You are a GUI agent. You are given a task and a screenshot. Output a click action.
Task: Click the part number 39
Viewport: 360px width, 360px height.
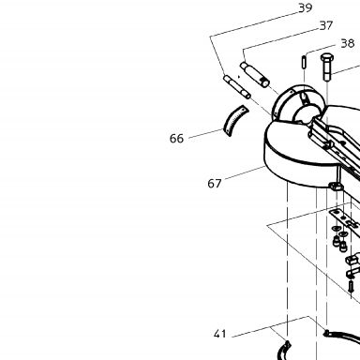click(x=305, y=7)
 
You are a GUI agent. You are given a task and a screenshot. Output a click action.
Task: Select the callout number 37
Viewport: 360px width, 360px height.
click(x=326, y=25)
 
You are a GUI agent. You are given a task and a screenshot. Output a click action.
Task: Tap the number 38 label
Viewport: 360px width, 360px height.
click(x=348, y=43)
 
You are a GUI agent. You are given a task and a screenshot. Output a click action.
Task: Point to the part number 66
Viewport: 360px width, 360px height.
click(x=176, y=139)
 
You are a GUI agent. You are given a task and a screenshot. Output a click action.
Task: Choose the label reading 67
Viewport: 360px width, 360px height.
click(x=215, y=184)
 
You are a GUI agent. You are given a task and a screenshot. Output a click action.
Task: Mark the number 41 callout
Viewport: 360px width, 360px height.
click(x=219, y=334)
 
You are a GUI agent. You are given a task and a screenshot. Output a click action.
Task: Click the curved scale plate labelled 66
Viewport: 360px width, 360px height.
click(x=234, y=121)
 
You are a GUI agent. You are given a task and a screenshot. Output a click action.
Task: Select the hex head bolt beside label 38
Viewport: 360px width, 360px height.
click(x=327, y=67)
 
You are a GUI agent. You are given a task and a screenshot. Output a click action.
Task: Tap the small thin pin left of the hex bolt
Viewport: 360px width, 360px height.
click(x=304, y=62)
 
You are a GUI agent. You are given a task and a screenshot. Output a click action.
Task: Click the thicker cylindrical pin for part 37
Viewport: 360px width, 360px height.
click(x=255, y=75)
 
